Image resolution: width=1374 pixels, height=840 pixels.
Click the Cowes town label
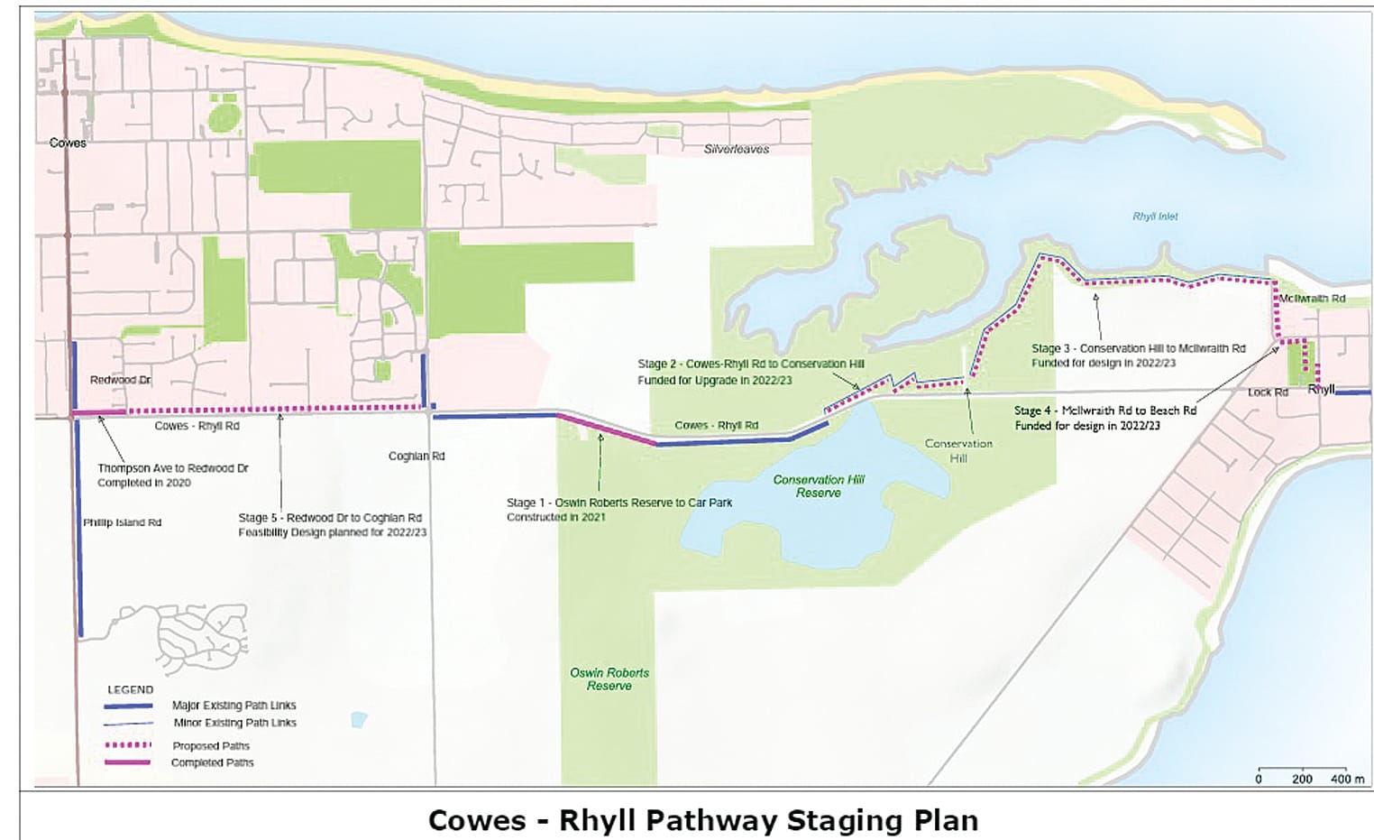(x=68, y=143)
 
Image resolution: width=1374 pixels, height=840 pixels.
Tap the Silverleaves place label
(x=736, y=149)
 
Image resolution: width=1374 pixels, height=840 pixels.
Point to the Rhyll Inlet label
(x=1155, y=217)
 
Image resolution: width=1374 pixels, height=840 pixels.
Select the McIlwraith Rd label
(x=1312, y=299)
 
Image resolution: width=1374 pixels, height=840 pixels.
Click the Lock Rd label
(x=1268, y=392)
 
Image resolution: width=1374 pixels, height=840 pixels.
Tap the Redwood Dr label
(x=120, y=380)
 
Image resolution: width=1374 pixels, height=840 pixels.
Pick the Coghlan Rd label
(x=417, y=456)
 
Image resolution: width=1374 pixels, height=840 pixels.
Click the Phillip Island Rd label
(x=122, y=522)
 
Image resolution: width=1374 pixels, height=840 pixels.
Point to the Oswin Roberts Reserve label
(x=609, y=679)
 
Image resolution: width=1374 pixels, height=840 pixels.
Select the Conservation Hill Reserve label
(x=819, y=486)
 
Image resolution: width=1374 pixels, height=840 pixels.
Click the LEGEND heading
(x=131, y=689)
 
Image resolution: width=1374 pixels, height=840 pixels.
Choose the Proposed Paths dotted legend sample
(x=127, y=745)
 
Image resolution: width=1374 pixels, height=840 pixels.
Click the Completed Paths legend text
(x=212, y=762)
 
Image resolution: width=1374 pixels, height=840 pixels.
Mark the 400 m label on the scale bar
(x=1347, y=779)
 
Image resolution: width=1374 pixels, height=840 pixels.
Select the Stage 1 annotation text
(x=618, y=510)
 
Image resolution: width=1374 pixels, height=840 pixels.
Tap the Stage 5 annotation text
(x=332, y=525)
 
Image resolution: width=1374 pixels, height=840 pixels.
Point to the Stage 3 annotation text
(x=1138, y=355)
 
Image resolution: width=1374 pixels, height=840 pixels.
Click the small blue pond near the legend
(x=359, y=719)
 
